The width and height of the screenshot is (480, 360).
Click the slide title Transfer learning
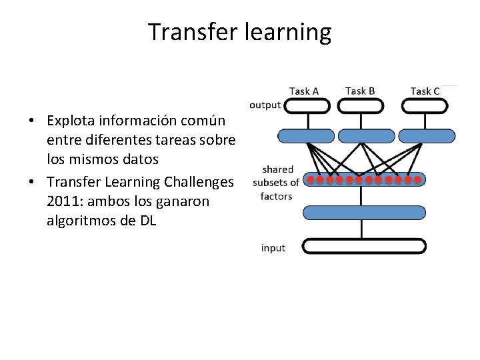click(x=239, y=32)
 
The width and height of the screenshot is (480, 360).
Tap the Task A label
click(x=304, y=91)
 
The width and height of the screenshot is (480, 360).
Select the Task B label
click(x=360, y=91)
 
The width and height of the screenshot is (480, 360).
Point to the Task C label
click(x=425, y=91)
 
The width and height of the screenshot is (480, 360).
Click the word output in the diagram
click(x=265, y=105)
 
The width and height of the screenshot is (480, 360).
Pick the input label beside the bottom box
click(x=273, y=248)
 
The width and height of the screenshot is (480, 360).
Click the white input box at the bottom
click(x=364, y=246)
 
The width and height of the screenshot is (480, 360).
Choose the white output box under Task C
click(x=426, y=105)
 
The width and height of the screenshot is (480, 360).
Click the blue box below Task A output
click(x=307, y=136)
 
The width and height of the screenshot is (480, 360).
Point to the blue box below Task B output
click(x=367, y=136)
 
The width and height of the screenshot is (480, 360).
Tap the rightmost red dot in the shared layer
click(x=419, y=179)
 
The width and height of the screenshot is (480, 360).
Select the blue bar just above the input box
click(x=364, y=213)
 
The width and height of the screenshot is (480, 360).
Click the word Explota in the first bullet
click(x=71, y=121)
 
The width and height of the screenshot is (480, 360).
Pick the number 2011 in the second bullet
click(x=61, y=201)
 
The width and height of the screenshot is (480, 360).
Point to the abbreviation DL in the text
click(x=147, y=221)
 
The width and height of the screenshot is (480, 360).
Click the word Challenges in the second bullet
click(x=199, y=181)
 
